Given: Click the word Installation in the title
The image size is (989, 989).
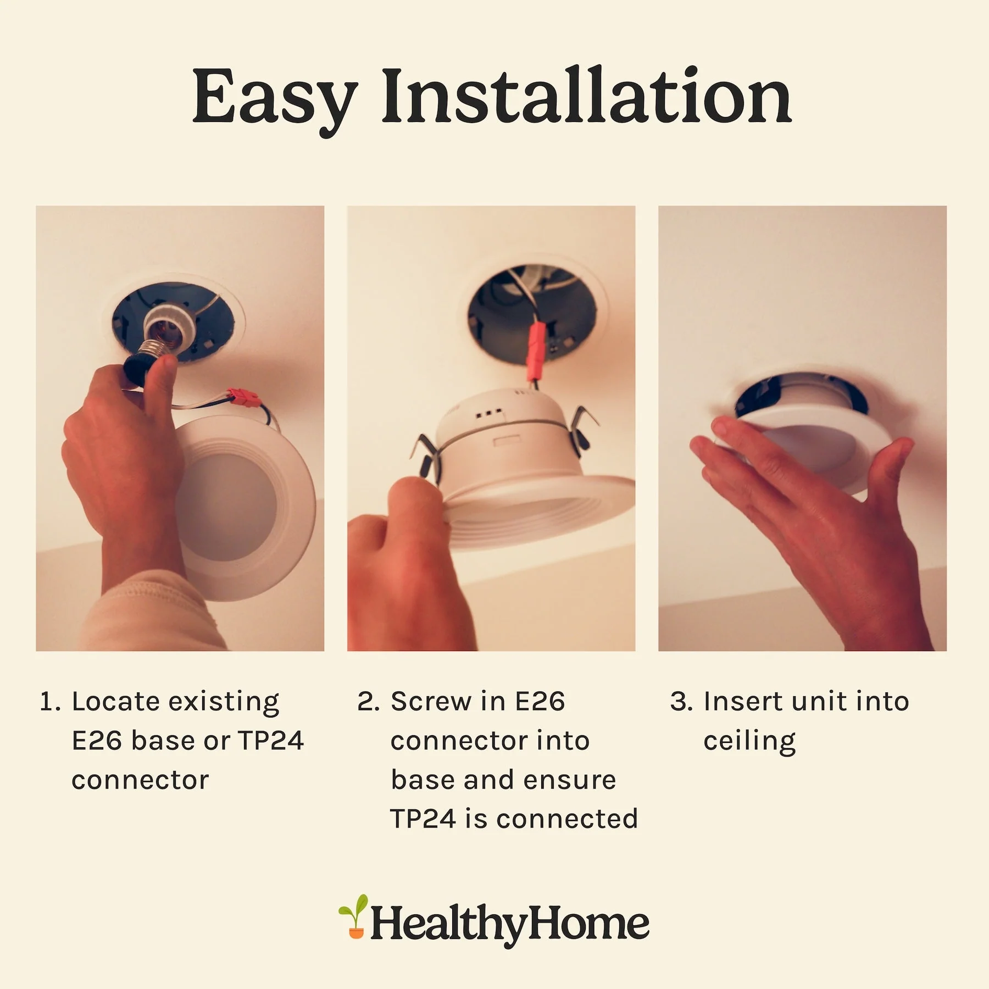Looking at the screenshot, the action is pos(586,95).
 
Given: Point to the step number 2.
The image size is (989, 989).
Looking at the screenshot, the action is pos(368,702).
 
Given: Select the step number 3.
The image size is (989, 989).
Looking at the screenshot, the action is pos(681,702).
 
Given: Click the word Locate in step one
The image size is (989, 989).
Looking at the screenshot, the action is pos(116,702).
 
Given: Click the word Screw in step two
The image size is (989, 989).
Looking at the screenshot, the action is pos(431,702).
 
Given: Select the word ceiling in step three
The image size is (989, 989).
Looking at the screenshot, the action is pos(749,742).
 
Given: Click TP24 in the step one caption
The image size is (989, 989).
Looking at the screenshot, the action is pos(271,741).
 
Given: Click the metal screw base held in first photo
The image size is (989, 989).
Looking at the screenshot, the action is pos(155,348).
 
